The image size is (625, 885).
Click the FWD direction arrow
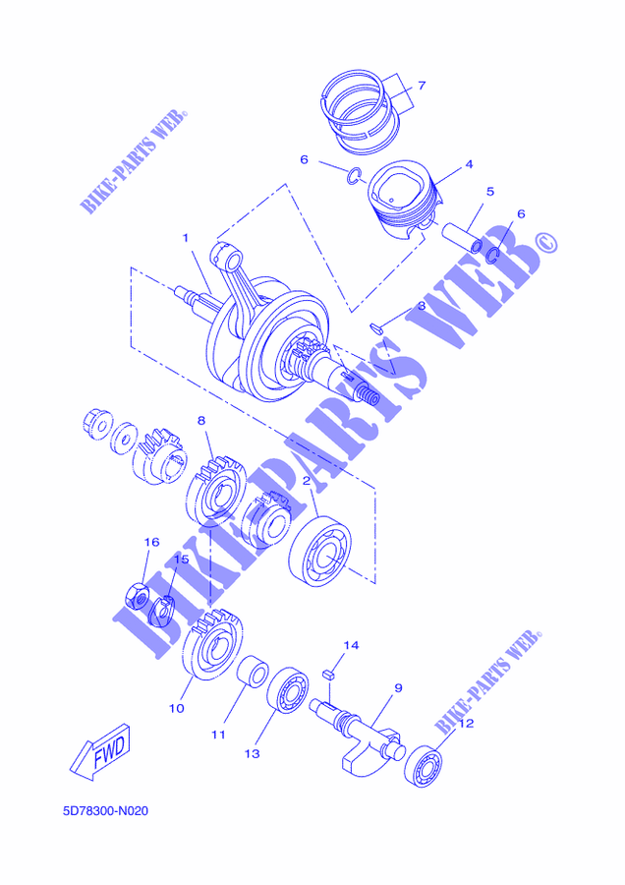point(100,752)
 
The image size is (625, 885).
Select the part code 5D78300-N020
point(106,811)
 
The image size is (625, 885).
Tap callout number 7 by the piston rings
point(422,86)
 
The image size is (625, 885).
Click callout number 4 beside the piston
point(469,165)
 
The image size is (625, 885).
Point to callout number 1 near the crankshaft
point(186,239)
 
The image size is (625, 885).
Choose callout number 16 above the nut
point(151,543)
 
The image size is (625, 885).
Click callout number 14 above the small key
point(352,645)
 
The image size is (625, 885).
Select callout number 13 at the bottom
point(253,754)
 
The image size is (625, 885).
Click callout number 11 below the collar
point(218,735)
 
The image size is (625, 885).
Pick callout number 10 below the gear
point(177,708)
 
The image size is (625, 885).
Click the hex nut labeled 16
point(136,596)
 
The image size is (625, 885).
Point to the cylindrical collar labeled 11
point(253,671)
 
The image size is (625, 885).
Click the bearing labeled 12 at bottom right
point(424,766)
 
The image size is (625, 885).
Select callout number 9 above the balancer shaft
point(398,688)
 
